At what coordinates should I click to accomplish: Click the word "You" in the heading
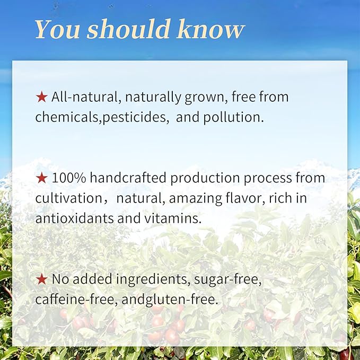[57, 29]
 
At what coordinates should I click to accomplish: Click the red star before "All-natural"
[41, 97]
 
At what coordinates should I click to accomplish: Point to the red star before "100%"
[41, 178]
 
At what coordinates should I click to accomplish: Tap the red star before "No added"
[41, 279]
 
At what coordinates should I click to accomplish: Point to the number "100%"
[69, 178]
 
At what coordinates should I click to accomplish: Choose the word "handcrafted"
[128, 178]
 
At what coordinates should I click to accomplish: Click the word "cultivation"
[68, 198]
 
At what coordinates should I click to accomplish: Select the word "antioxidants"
[74, 218]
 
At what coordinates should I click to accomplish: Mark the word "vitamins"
[173, 218]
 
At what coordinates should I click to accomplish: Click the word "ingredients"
[153, 279]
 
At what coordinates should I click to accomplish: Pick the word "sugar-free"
[228, 279]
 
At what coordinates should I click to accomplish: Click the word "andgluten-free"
[170, 300]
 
